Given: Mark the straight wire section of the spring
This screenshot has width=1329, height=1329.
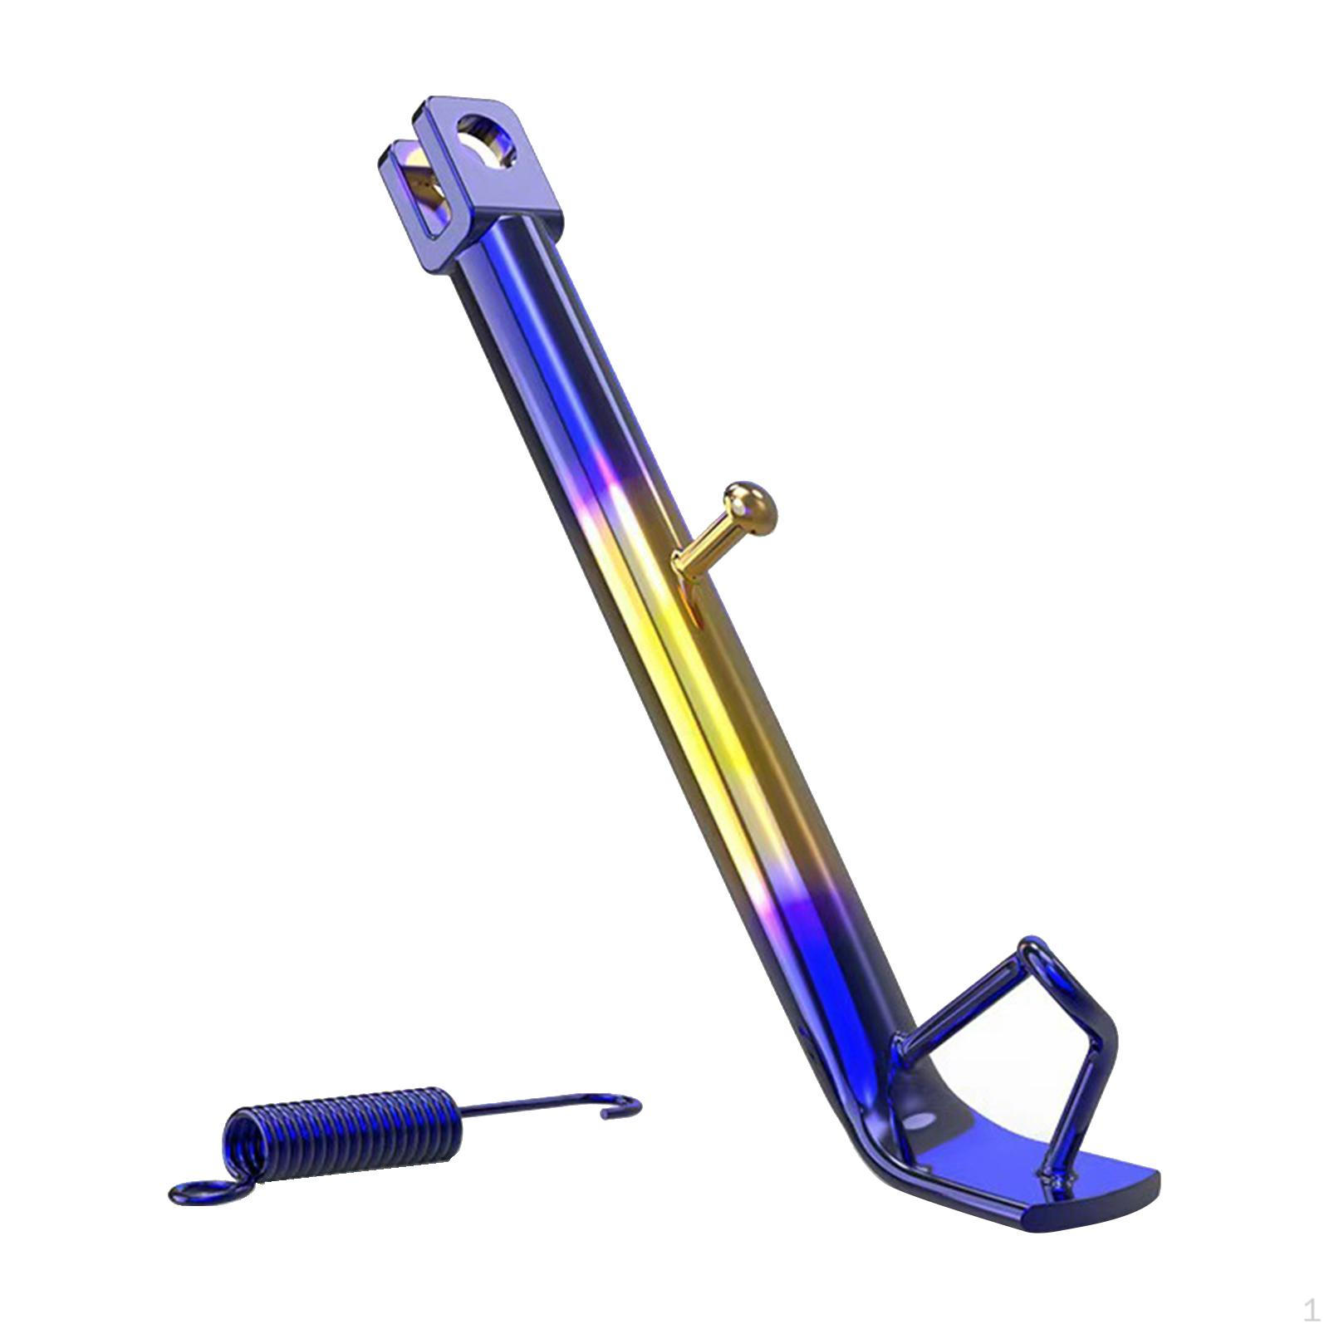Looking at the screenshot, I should coord(532,1110).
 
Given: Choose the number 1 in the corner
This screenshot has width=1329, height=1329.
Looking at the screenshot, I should coord(1311,1310).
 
